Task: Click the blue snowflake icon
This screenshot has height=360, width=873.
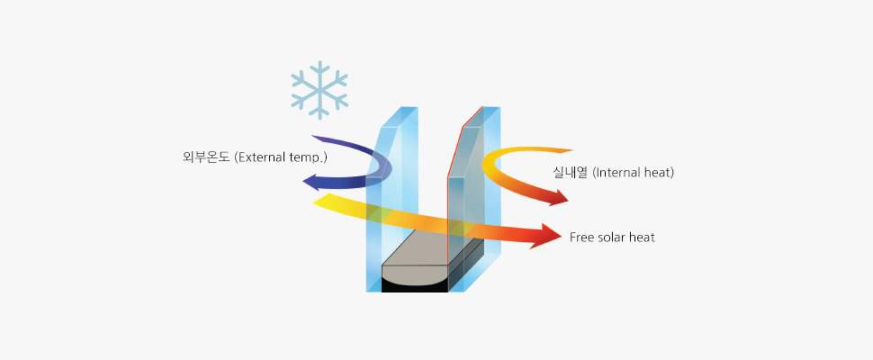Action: [x=319, y=90]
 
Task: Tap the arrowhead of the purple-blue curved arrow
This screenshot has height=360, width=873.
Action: [x=310, y=182]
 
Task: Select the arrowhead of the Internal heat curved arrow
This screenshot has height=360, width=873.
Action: [x=557, y=197]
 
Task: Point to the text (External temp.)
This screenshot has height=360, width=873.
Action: [x=281, y=158]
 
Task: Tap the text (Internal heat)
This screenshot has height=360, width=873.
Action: [x=634, y=173]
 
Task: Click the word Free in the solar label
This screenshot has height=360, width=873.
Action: [x=581, y=238]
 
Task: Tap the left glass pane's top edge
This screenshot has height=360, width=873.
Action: [x=399, y=117]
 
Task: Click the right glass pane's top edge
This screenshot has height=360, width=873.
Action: [x=481, y=117]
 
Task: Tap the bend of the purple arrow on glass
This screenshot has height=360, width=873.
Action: [x=384, y=166]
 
